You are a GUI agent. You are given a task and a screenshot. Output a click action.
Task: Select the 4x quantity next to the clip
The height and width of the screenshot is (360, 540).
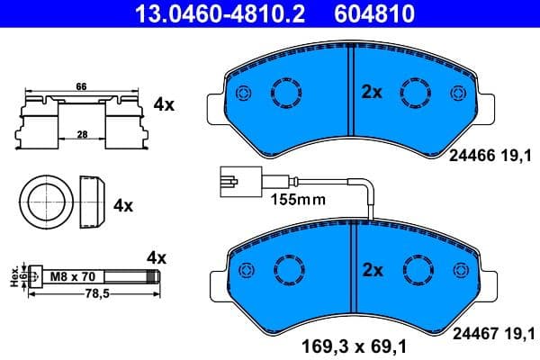(164, 105)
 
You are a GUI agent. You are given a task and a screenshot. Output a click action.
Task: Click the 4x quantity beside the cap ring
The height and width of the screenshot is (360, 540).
(123, 205)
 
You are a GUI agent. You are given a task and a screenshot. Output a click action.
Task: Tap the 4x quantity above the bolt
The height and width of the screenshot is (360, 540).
(157, 257)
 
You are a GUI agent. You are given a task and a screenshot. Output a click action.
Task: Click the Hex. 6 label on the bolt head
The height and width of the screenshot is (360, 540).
(14, 277)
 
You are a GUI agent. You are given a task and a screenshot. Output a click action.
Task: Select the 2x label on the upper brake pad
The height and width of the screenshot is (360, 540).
(372, 92)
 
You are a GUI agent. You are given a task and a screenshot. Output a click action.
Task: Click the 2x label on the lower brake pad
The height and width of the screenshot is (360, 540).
(372, 269)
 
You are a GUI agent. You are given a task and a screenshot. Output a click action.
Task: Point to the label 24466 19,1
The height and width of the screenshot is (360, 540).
(490, 155)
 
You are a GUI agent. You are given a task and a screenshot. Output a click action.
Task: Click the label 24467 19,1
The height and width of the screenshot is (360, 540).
(490, 331)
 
